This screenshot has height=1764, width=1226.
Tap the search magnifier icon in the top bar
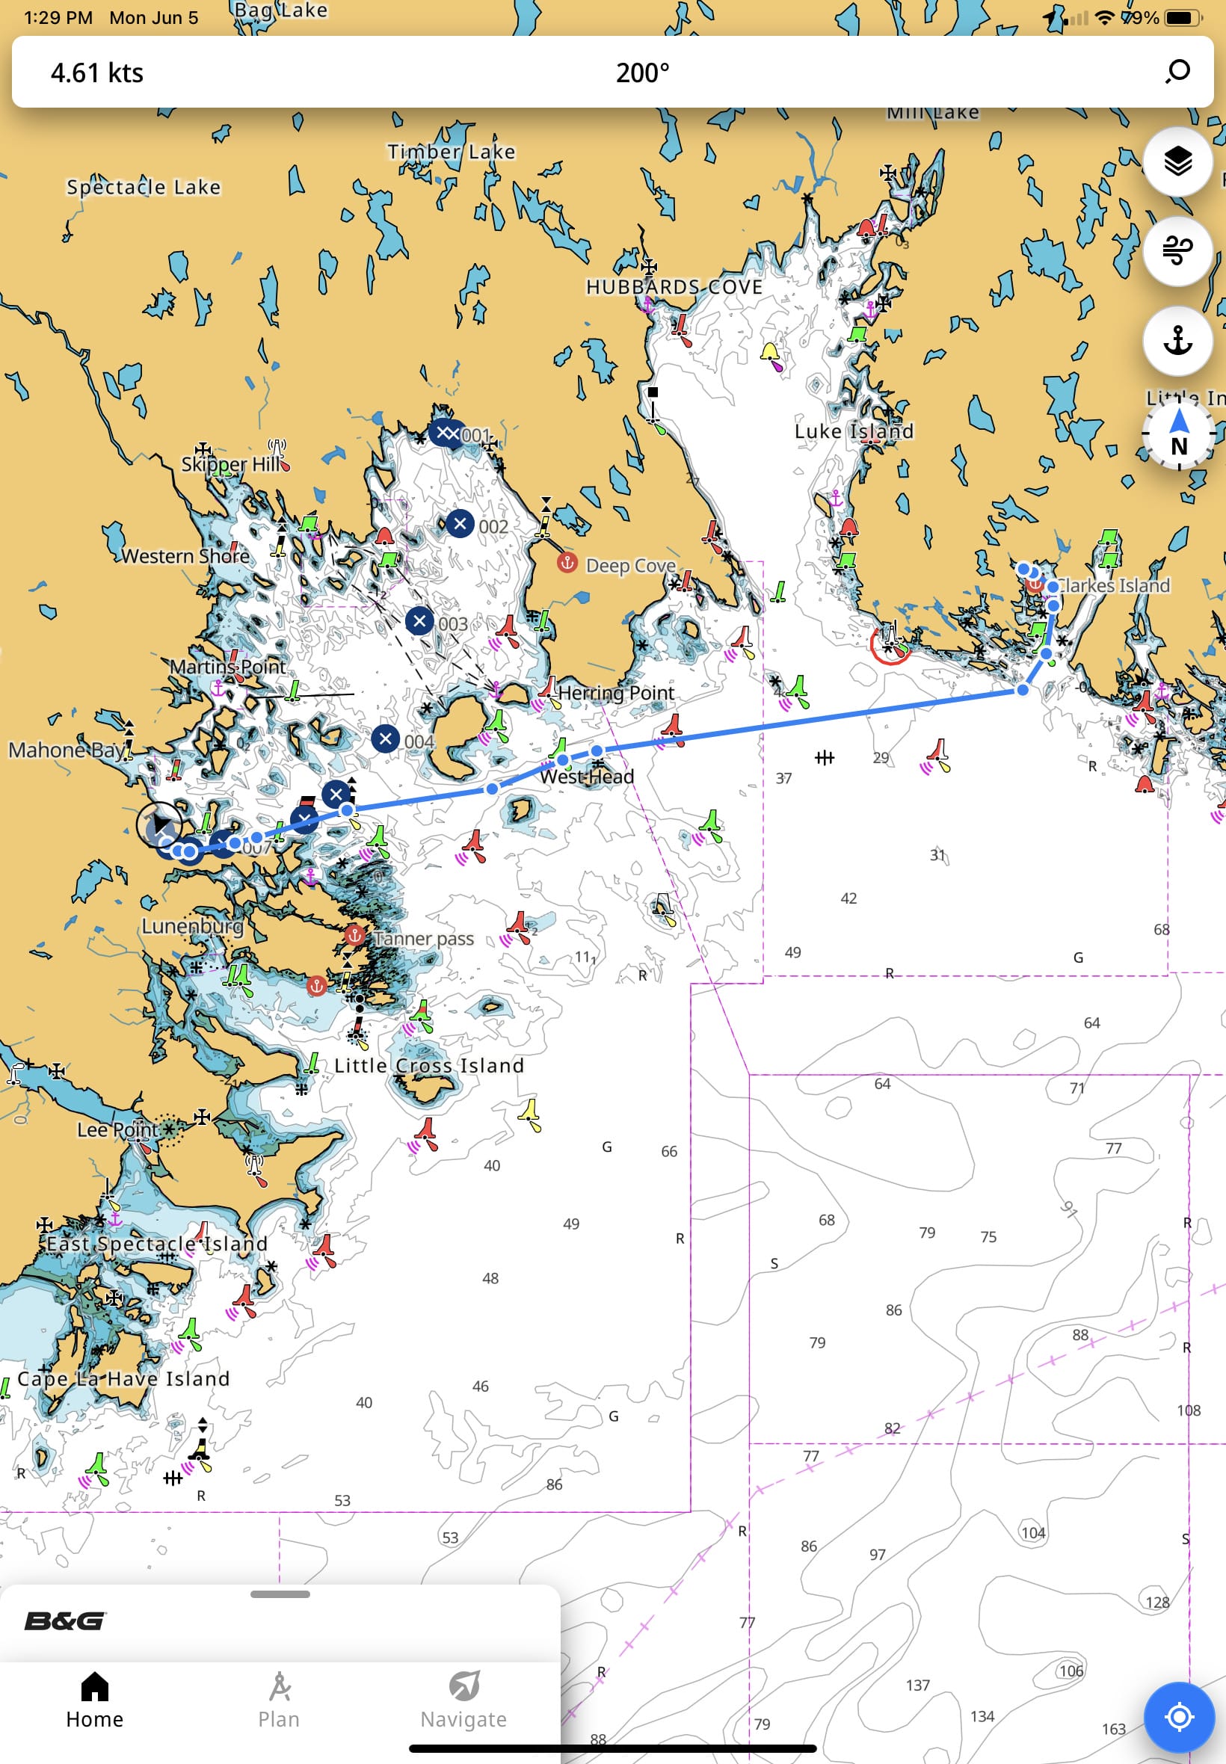[x=1177, y=72]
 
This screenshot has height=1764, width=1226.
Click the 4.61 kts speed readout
[x=96, y=73]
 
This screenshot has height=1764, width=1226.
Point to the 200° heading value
[x=642, y=73]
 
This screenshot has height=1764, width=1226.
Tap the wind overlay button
[x=1177, y=250]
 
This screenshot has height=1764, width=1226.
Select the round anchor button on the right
[x=1177, y=340]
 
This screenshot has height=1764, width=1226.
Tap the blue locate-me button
[x=1178, y=1715]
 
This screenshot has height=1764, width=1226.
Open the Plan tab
[x=279, y=1700]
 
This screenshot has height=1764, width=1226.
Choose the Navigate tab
[x=463, y=1700]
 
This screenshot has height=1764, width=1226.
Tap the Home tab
[x=94, y=1700]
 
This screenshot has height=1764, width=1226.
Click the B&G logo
[x=65, y=1621]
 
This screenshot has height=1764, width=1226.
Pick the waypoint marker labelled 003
[x=419, y=620]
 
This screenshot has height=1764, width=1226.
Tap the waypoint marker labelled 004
[x=386, y=738]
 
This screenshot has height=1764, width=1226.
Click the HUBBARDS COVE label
[x=674, y=287]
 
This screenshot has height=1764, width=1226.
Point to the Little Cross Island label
[x=428, y=1065]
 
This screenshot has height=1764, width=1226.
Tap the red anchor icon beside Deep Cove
[x=567, y=562]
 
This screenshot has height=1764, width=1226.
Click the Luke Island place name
[x=854, y=431]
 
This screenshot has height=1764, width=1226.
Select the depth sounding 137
[x=917, y=1684]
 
